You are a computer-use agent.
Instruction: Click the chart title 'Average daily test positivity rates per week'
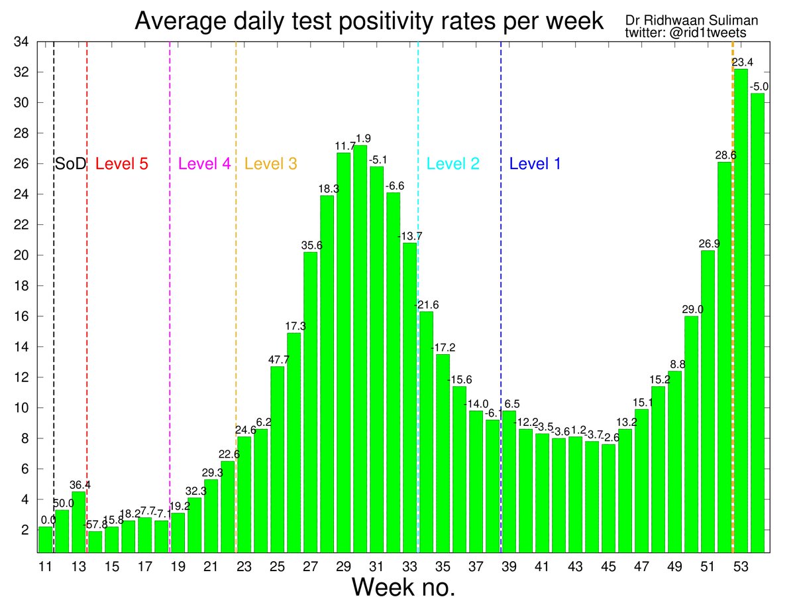(x=369, y=21)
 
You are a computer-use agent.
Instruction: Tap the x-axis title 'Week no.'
(x=403, y=586)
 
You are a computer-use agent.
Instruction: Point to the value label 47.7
(x=278, y=360)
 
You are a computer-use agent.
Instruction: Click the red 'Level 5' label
(x=122, y=164)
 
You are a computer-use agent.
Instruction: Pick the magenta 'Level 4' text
(x=205, y=164)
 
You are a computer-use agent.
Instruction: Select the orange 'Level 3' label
(x=270, y=164)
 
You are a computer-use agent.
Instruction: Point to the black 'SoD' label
(x=70, y=164)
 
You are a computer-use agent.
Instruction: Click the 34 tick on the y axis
(x=22, y=42)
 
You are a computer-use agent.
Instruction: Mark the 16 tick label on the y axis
(x=22, y=316)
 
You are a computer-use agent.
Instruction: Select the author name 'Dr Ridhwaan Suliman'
(x=692, y=20)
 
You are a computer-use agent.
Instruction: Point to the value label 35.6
(x=311, y=246)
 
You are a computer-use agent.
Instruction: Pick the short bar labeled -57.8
(x=95, y=542)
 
